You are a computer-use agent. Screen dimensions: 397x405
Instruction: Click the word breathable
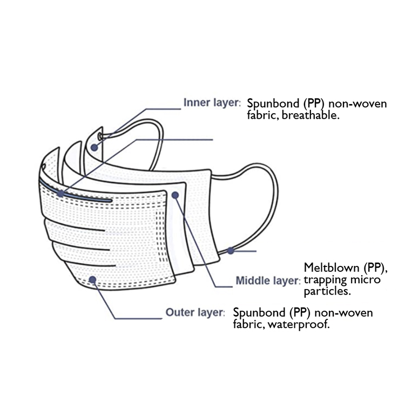(314, 115)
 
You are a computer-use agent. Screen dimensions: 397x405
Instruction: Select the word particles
(328, 291)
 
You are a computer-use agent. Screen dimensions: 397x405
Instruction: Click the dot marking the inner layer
(94, 146)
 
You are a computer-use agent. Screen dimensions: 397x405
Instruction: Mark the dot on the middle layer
(175, 196)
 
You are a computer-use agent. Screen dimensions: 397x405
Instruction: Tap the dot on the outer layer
(93, 279)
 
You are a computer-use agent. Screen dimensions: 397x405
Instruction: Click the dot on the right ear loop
(231, 250)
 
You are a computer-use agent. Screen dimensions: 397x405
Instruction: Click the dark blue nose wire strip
(81, 195)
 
